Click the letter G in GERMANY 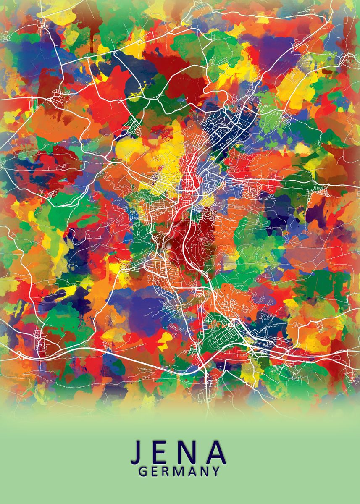[x=143, y=472]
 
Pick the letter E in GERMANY [x=155, y=472]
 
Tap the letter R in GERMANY [x=166, y=472]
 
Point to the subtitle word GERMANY [x=179, y=472]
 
